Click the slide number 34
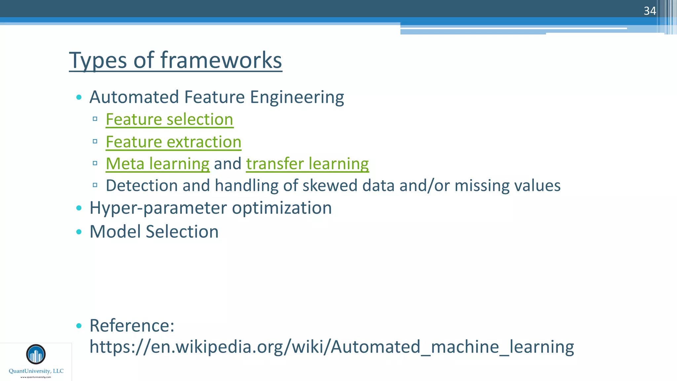tap(650, 11)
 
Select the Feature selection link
tap(169, 119)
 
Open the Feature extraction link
tap(173, 142)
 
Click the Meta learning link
tap(157, 164)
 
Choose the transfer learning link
tap(307, 164)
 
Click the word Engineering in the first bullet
tap(297, 97)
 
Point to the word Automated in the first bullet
tap(134, 97)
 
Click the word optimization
tap(282, 208)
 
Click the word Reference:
tap(132, 325)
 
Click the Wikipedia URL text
tap(331, 347)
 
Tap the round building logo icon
tap(36, 354)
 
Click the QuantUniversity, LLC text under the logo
tap(36, 371)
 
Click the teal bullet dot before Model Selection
tap(79, 232)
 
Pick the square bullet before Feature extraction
tap(95, 142)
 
